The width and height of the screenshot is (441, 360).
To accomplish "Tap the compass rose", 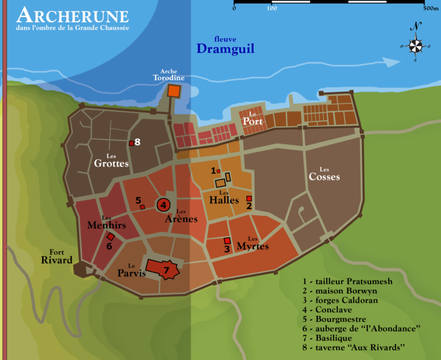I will click(415, 45).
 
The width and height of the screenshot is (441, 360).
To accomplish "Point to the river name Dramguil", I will click(225, 48).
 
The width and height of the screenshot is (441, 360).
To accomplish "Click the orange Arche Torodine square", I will click(174, 91).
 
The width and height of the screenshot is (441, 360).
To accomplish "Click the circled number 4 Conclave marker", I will click(163, 205).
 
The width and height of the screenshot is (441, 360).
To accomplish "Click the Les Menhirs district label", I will click(106, 223).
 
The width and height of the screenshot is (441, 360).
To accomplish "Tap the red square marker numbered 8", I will click(131, 143).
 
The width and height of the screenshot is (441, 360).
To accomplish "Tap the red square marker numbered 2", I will click(249, 198).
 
